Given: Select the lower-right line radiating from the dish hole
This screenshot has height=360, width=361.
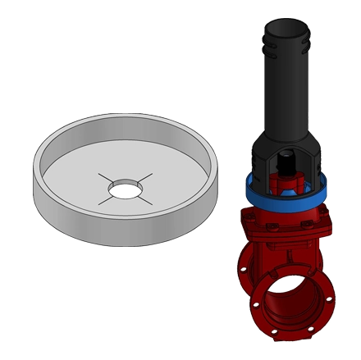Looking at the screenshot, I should pos(150,203).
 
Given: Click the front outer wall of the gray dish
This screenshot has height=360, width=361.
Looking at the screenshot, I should pos(123,225).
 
